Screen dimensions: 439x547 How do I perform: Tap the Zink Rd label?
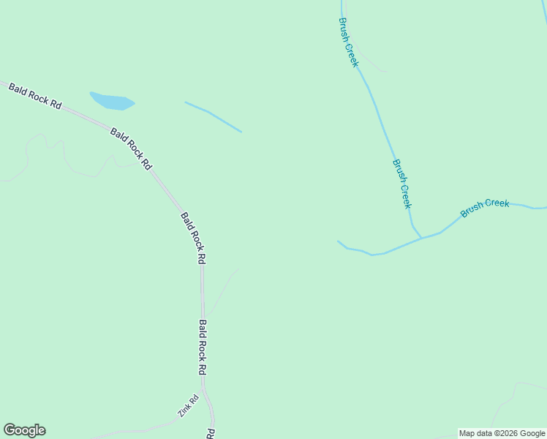(x=189, y=406)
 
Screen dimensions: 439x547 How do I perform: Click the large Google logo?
(x=24, y=430)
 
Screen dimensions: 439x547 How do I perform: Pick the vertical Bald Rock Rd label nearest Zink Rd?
(x=203, y=347)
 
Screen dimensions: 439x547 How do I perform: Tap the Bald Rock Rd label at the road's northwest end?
(x=34, y=96)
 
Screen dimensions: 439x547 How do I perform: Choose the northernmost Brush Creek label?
(x=349, y=43)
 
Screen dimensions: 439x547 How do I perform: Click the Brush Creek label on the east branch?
(x=485, y=208)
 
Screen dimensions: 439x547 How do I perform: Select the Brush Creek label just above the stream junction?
(x=402, y=184)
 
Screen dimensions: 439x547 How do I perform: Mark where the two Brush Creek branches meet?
(x=421, y=237)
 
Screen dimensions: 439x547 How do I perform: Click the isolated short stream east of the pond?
(x=213, y=116)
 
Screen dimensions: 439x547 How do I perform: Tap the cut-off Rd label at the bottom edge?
(x=210, y=433)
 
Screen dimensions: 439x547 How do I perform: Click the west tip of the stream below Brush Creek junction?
(x=339, y=241)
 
